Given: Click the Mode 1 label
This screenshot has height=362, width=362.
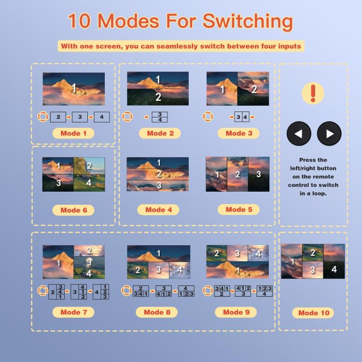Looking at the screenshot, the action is click(x=73, y=133).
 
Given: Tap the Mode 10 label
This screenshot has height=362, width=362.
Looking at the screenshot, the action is click(x=314, y=313).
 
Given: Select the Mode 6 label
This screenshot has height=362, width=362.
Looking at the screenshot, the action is click(x=73, y=210).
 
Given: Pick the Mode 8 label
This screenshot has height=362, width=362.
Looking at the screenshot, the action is click(x=157, y=312).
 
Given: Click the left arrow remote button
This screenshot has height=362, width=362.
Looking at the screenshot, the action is click(x=299, y=133).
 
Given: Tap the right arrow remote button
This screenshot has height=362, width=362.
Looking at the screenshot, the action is click(x=329, y=133).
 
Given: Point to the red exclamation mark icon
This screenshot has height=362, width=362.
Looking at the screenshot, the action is click(x=313, y=93).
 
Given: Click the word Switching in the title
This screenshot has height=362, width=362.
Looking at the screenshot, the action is click(x=248, y=22).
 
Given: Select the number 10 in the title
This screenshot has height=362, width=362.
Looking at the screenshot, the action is click(x=79, y=21).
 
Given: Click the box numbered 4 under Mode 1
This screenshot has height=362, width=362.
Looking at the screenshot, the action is click(x=102, y=117).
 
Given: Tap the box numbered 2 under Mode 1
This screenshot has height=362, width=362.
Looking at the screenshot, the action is click(x=58, y=117).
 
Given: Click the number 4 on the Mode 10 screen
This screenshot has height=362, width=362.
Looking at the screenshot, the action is click(x=334, y=269).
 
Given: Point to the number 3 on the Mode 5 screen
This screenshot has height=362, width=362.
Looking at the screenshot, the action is click(x=259, y=174).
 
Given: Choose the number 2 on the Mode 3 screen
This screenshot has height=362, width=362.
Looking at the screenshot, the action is click(x=254, y=89).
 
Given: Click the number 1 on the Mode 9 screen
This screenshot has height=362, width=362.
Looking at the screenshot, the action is click(x=238, y=270).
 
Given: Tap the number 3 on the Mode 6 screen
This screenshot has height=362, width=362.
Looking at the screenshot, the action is click(x=58, y=183).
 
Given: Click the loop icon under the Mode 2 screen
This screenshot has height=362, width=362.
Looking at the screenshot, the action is click(x=127, y=117).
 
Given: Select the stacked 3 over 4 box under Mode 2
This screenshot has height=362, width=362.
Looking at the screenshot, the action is click(x=160, y=117).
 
